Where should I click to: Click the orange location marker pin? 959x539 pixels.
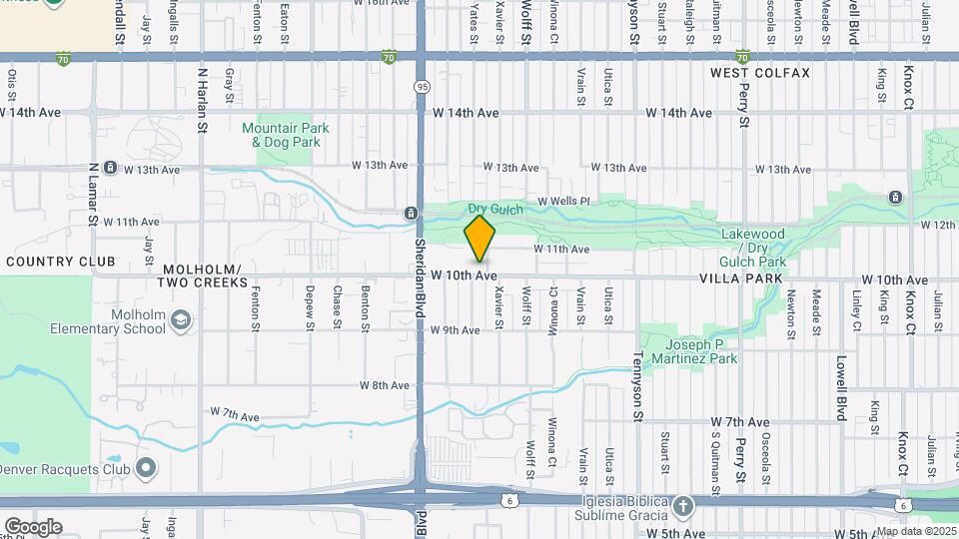tap(480, 239)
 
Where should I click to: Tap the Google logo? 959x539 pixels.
tap(32, 527)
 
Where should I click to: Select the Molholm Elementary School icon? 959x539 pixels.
tap(180, 319)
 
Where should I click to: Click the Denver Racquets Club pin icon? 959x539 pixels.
tap(146, 467)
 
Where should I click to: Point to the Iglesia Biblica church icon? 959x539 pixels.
tap(682, 505)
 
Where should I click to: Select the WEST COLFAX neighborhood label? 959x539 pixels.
tap(760, 74)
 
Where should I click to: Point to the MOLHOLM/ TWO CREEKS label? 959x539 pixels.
tap(203, 276)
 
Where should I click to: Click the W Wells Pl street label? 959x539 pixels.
tap(564, 202)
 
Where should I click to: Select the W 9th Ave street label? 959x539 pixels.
tap(456, 330)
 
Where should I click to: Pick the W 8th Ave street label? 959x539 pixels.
tap(385, 385)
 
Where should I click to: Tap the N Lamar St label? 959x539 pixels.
tap(93, 194)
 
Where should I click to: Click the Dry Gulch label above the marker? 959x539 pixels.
tap(495, 209)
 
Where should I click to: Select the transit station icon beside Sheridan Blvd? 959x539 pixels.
tap(411, 214)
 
